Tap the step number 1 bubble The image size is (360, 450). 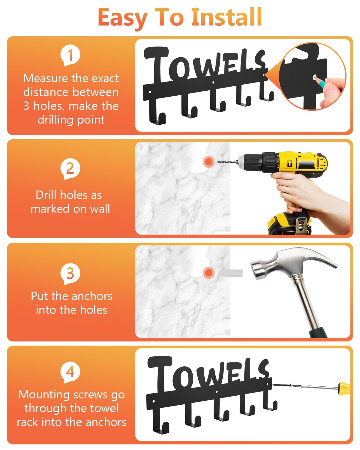pos(70,55)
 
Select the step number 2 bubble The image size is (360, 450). pos(70,169)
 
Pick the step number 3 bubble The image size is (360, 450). pos(70,274)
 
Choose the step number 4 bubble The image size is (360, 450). pos(70,372)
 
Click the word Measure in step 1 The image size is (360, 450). pos(46,78)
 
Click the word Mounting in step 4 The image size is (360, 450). pos(44,395)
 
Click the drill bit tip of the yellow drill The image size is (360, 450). pos(218,162)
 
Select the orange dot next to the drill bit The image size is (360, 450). pos(208,162)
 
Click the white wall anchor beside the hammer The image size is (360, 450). pos(231,273)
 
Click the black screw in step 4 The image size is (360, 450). pos(281,385)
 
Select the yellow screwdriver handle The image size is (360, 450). pos(344,388)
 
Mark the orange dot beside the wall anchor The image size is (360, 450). pos(208,273)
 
